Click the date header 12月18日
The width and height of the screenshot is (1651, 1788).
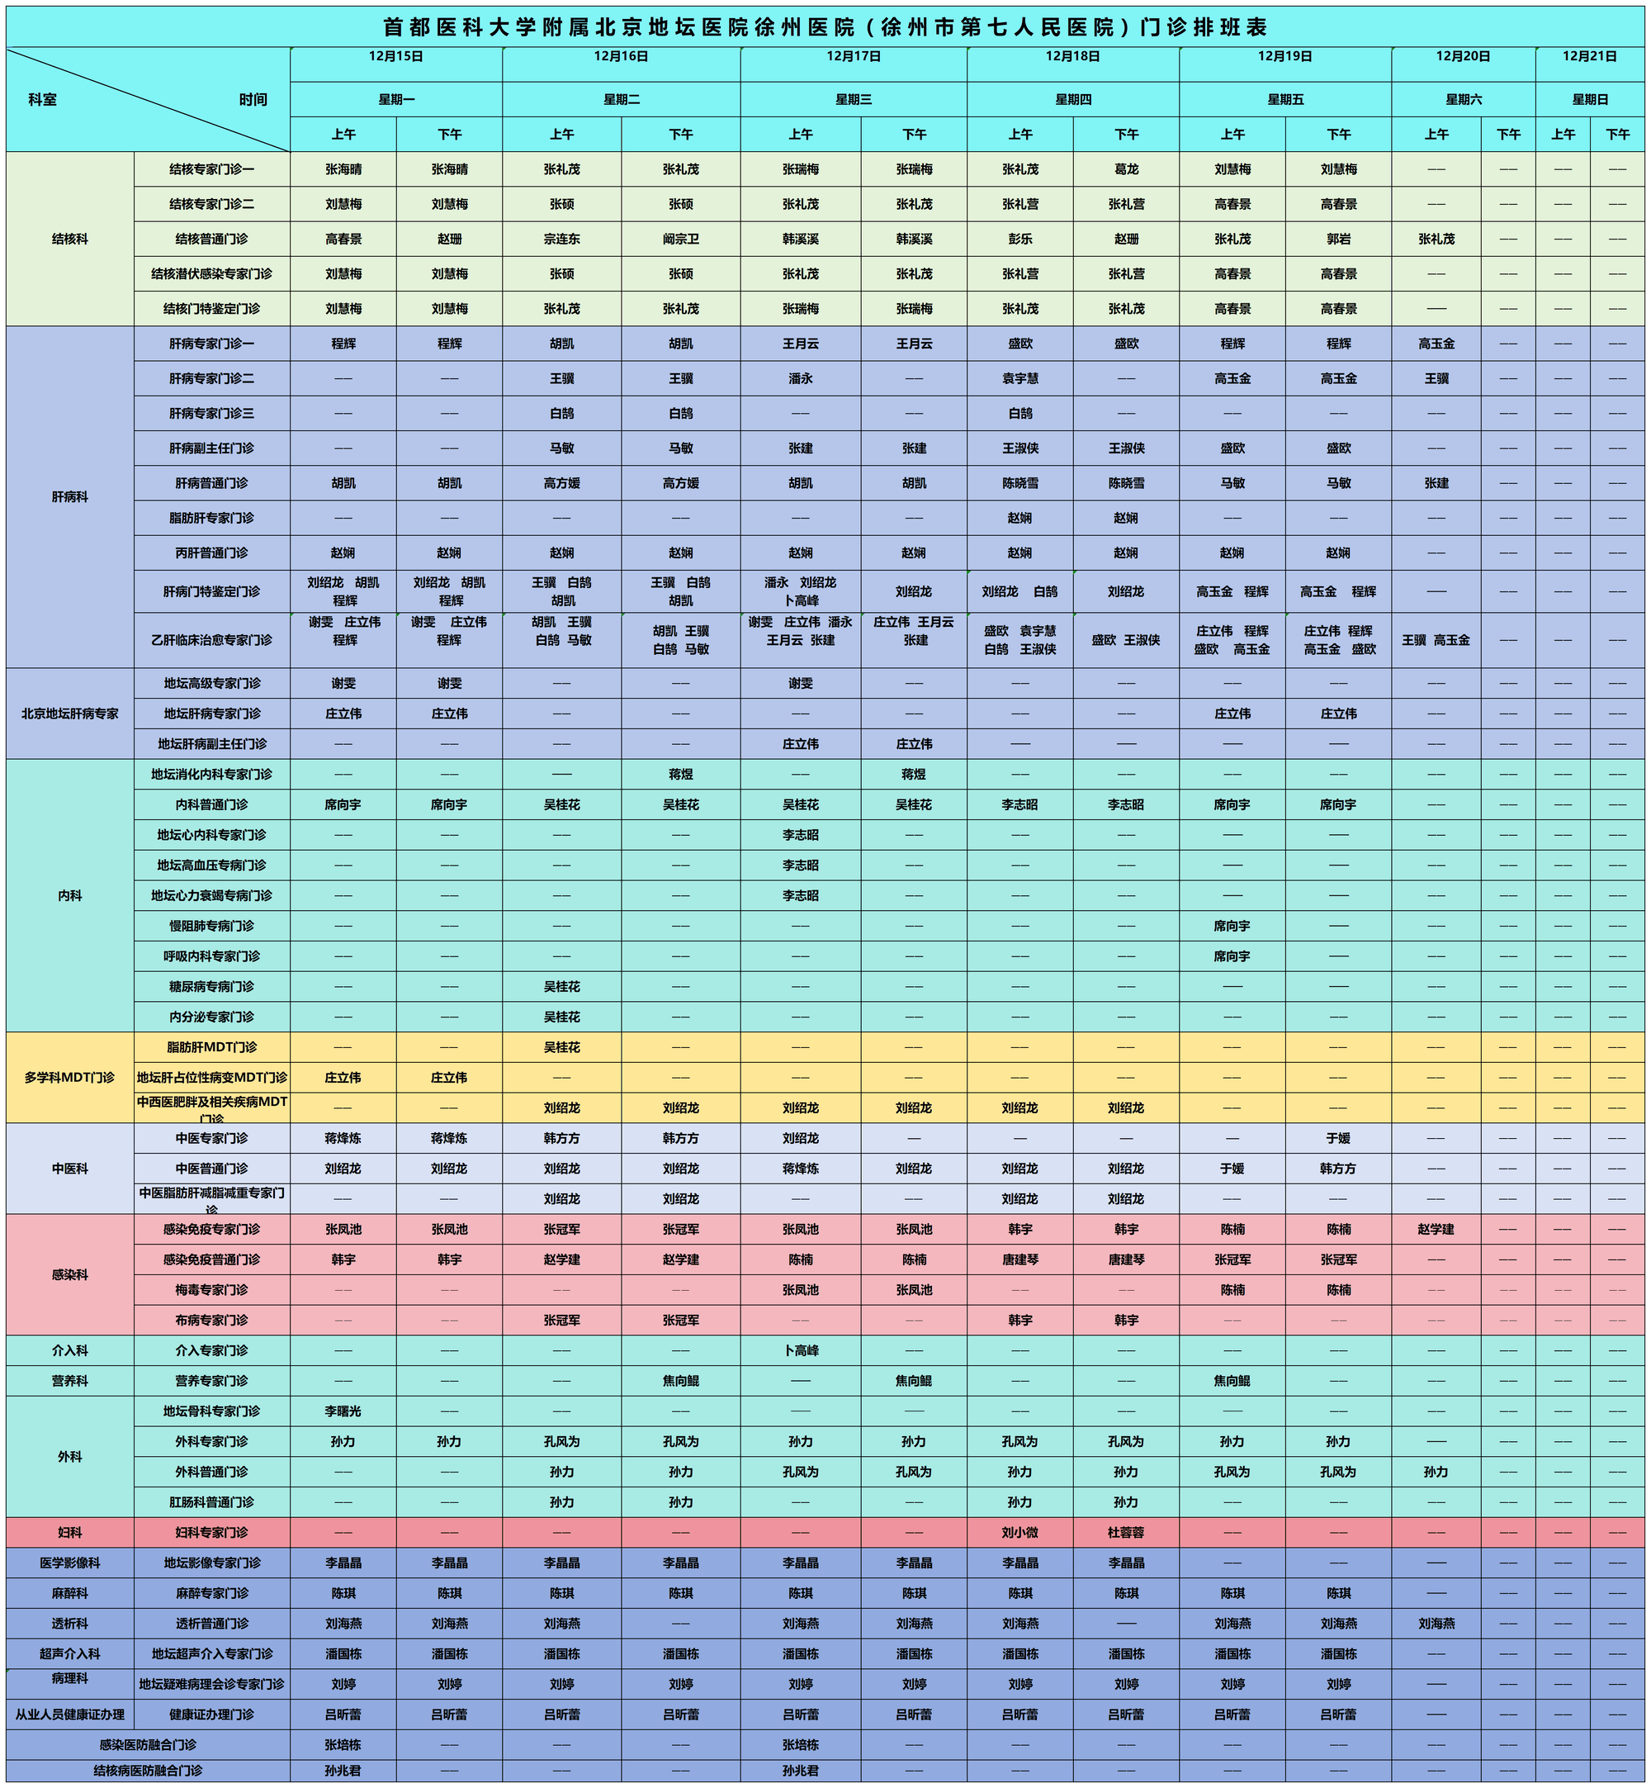pos(1072,56)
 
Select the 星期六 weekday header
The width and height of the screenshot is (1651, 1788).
pos(1463,99)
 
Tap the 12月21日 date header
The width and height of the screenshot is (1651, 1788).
pos(1589,56)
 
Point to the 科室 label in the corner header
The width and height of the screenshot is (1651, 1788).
pos(42,100)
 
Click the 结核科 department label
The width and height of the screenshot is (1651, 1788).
pos(69,239)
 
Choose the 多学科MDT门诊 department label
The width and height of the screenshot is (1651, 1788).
pos(69,1078)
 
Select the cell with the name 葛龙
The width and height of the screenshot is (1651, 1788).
pos(1126,168)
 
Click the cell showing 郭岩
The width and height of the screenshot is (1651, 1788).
pos(1338,239)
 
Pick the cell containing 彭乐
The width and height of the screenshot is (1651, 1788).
pos(1019,239)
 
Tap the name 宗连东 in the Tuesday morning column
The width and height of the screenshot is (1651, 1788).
pos(562,239)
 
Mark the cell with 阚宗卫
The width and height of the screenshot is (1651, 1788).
pos(681,239)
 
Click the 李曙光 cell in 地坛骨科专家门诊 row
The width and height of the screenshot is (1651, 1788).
pos(343,1411)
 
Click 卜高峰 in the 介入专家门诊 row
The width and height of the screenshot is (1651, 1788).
pos(801,1350)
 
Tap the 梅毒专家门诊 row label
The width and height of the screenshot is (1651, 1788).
pos(211,1289)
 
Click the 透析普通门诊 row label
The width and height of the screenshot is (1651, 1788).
pos(211,1624)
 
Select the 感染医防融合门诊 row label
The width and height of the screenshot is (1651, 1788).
pos(148,1744)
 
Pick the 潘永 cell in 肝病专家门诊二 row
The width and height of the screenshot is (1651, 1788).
pos(801,378)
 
